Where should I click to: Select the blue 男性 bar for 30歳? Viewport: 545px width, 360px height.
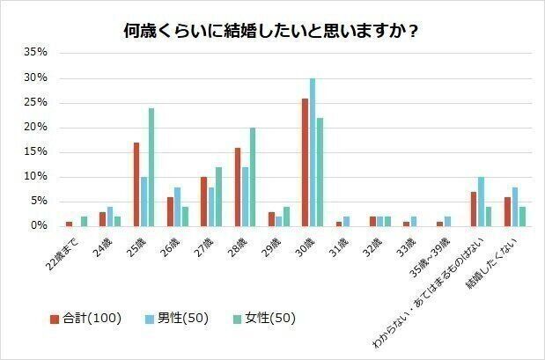point(312,152)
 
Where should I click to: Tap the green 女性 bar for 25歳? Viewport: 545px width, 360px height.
point(151,167)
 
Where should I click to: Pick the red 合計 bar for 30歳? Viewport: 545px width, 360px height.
point(305,162)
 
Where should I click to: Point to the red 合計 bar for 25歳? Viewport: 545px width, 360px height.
point(136,184)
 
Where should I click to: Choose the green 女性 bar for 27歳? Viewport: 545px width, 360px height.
point(218,196)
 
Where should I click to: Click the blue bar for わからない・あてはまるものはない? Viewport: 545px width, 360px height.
point(481,202)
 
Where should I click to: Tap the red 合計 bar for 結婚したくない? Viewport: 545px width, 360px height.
point(507,211)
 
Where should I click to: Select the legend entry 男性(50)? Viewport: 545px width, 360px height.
point(179,317)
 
